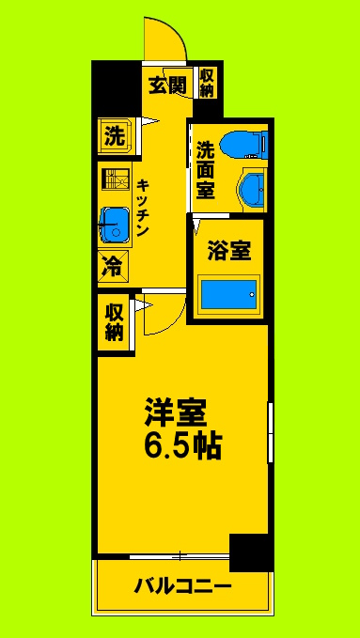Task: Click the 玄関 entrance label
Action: (168, 86)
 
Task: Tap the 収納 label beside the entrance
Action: (207, 84)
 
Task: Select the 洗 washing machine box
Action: (114, 136)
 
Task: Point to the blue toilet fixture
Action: (252, 144)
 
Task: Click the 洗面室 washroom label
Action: (206, 170)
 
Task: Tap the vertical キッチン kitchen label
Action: (146, 208)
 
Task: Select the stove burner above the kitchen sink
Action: (114, 180)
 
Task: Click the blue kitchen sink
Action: (115, 225)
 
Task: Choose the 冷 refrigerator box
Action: (111, 266)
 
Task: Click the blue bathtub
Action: (228, 293)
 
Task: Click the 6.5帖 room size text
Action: (182, 445)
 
